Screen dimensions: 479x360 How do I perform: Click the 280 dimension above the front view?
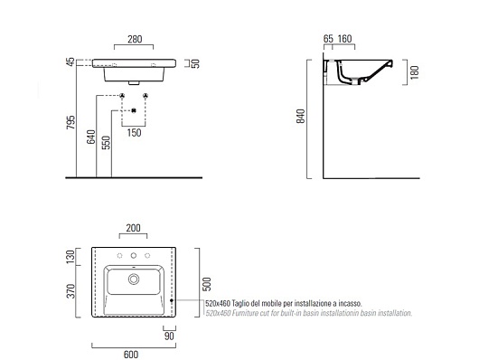coord(135,39)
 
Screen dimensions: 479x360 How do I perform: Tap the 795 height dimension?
coord(70,122)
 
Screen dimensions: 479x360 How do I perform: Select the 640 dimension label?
coord(90,137)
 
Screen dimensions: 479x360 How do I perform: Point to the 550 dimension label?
coord(106,143)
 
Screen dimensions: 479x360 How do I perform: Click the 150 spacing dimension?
coord(134,133)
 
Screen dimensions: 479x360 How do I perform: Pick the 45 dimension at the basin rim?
coord(70,62)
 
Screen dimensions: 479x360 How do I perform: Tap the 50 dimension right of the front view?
coord(195,63)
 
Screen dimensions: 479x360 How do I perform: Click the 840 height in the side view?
coord(301,116)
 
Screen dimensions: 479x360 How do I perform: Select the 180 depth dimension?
coord(415,72)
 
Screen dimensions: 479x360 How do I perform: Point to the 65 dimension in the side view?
coord(328,39)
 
